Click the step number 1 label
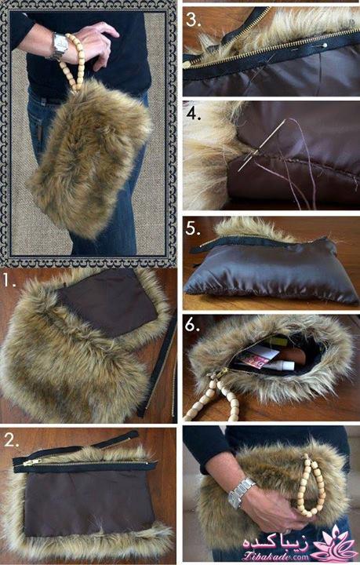pyautogui.click(x=9, y=281)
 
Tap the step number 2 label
pyautogui.click(x=11, y=440)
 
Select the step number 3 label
pyautogui.click(x=193, y=20)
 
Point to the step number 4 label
pyautogui.click(x=194, y=114)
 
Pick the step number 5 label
pyautogui.click(x=193, y=228)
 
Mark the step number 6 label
pyautogui.click(x=193, y=325)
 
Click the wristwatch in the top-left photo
pyautogui.click(x=59, y=46)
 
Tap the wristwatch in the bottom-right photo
pyautogui.click(x=241, y=493)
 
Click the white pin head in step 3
pyautogui.click(x=325, y=46)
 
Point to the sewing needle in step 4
pyautogui.click(x=263, y=144)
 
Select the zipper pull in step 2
pyautogui.click(x=31, y=462)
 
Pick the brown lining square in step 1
pyautogui.click(x=109, y=302)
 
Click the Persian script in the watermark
pyautogui.click(x=276, y=543)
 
